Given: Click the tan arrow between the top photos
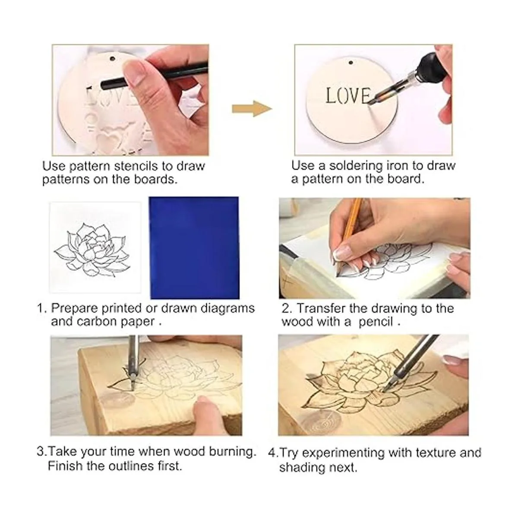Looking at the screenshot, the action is coord(252,109).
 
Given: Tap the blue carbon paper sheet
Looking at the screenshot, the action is coord(194,248).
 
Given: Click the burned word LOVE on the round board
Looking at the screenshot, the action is coord(349,96).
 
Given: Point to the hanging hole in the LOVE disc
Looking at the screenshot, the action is coord(351,63).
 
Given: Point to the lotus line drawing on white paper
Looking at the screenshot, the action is coord(92,249).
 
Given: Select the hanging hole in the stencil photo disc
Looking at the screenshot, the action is coord(112,58).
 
